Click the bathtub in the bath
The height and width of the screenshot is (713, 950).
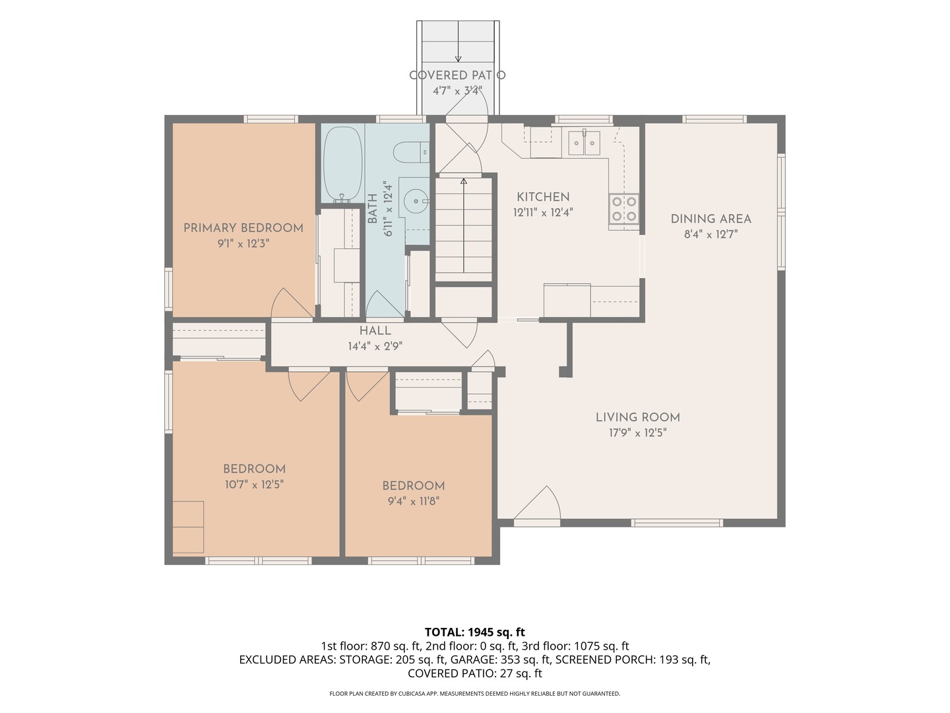point(342,164)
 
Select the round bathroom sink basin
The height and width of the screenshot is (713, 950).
point(416,201)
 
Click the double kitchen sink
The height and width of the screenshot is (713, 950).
point(584,143)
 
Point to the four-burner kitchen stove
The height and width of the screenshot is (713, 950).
point(623,209)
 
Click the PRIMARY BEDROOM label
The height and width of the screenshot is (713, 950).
point(243,228)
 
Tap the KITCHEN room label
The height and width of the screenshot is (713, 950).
point(543,197)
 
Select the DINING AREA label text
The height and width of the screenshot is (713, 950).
point(711,219)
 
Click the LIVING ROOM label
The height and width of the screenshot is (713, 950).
point(637,417)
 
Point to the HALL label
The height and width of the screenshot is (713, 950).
point(375,331)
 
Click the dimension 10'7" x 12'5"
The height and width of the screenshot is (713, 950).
point(254,484)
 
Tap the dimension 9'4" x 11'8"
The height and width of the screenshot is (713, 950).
point(414,501)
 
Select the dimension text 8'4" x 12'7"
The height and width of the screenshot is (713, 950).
point(711,234)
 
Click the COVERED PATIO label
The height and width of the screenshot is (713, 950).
point(457,75)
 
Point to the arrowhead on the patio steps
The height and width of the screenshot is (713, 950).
point(458,59)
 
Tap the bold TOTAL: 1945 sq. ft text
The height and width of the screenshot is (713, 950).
point(475,632)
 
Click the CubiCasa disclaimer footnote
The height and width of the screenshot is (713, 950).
point(475,693)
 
